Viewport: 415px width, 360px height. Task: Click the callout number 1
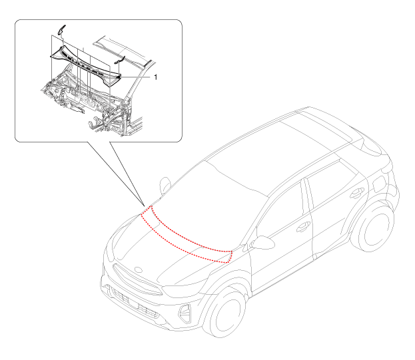(x=156, y=77)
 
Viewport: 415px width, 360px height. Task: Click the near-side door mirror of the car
(x=262, y=243)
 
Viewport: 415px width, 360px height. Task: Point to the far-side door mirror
(x=165, y=184)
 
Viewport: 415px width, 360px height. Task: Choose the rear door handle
(x=357, y=193)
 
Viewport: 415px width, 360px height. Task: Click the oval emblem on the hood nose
(x=139, y=270)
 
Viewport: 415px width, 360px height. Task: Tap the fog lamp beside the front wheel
(x=185, y=313)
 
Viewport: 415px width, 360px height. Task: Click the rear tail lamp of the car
(x=380, y=183)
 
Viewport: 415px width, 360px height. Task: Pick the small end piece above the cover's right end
(x=120, y=60)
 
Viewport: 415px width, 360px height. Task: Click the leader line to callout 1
(x=137, y=77)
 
